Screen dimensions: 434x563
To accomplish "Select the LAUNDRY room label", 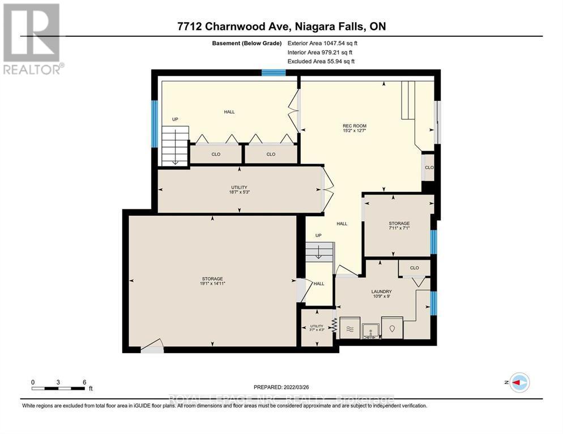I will click(x=381, y=292).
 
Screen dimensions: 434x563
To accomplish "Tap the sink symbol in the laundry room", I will click(x=370, y=329).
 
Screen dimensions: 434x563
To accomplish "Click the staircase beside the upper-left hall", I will click(x=174, y=145).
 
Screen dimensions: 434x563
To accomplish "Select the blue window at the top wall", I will click(x=273, y=72).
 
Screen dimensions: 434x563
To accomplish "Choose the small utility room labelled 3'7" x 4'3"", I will click(x=316, y=326).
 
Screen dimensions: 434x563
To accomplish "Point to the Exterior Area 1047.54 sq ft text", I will click(x=323, y=43).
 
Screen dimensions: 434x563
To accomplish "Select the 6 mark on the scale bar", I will click(x=84, y=382).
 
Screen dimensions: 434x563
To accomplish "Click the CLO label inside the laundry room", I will click(x=414, y=268).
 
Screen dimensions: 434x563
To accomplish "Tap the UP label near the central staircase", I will click(x=318, y=235).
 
